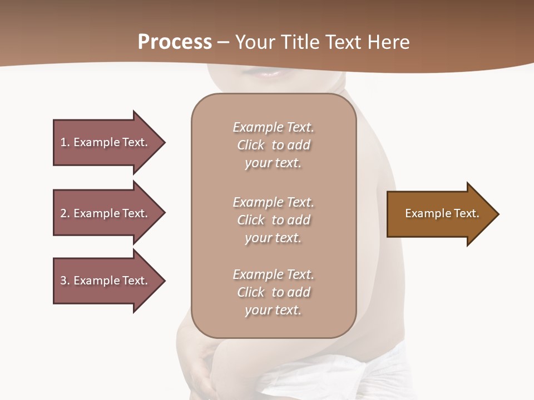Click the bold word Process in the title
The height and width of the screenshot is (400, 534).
click(x=175, y=42)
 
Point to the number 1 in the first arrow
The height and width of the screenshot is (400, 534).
click(x=63, y=142)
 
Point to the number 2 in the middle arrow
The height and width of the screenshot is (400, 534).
click(x=63, y=213)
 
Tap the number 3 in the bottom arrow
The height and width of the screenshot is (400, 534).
click(x=63, y=281)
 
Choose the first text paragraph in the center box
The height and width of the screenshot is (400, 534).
click(x=273, y=145)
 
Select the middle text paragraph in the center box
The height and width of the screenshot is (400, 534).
click(x=273, y=220)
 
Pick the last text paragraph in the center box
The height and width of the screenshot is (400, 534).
click(x=273, y=292)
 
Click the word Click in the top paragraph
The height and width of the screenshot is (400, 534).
click(x=250, y=145)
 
